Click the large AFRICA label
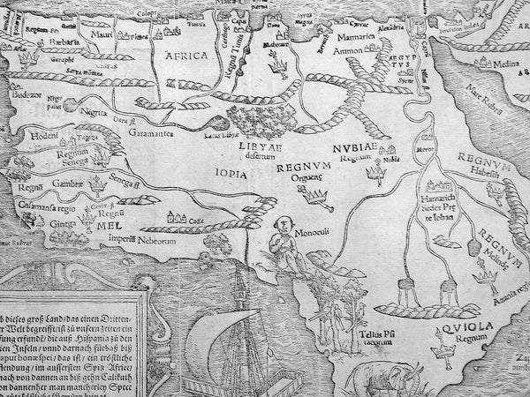(x=185, y=56)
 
